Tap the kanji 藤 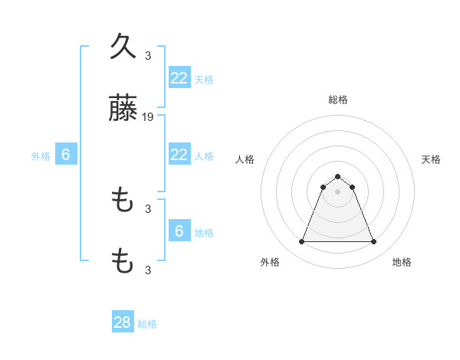(123, 112)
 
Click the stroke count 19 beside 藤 (148, 117)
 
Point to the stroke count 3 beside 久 (148, 55)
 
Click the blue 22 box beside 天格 (179, 77)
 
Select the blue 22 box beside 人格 (179, 155)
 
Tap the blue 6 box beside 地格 (179, 231)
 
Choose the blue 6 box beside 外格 (66, 155)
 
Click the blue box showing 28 (123, 322)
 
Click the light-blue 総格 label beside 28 (147, 324)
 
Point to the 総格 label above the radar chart (337, 100)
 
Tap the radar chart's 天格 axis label (431, 159)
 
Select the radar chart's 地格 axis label (402, 262)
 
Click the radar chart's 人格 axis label (245, 159)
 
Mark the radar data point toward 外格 (301, 242)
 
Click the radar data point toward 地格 (373, 242)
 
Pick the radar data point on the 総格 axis (337, 176)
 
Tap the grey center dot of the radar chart (337, 191)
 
